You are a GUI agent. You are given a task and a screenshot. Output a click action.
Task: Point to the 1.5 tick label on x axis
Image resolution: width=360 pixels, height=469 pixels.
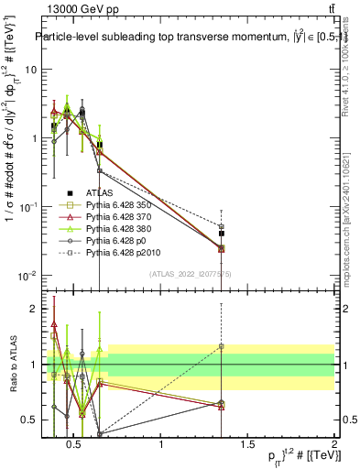(x=248, y=445)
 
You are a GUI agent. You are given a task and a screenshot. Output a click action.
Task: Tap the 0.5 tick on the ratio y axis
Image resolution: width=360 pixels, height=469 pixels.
(x=30, y=420)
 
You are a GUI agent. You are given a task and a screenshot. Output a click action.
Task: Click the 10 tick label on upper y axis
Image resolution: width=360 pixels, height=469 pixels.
(x=27, y=70)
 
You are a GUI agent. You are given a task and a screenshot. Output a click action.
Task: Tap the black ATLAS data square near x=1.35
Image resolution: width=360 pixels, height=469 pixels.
(x=222, y=234)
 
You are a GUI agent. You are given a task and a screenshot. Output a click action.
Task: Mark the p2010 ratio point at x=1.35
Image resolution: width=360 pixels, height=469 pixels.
(x=222, y=346)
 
